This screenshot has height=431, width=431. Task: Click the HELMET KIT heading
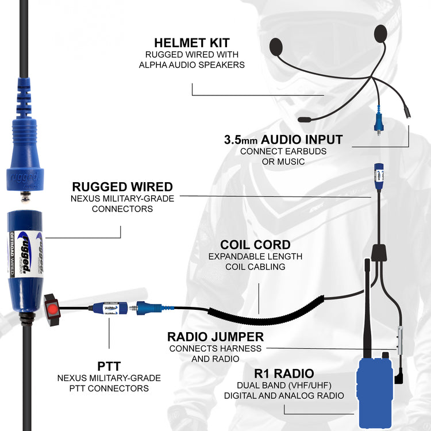pos(192,43)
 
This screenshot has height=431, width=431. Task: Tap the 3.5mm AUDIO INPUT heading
pos(283,140)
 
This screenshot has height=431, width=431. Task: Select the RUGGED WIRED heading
pos(122,186)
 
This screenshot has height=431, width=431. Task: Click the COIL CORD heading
pos(255,245)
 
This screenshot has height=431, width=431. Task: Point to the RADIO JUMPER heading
pos(215,337)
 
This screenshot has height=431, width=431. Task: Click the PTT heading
pos(109,365)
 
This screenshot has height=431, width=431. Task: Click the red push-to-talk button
pos(52,310)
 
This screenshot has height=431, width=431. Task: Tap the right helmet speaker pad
pos(380,33)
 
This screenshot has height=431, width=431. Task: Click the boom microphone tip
pos(305,119)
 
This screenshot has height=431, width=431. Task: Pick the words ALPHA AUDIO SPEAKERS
pos(192,65)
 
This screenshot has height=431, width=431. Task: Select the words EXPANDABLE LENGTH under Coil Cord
pos(255,256)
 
